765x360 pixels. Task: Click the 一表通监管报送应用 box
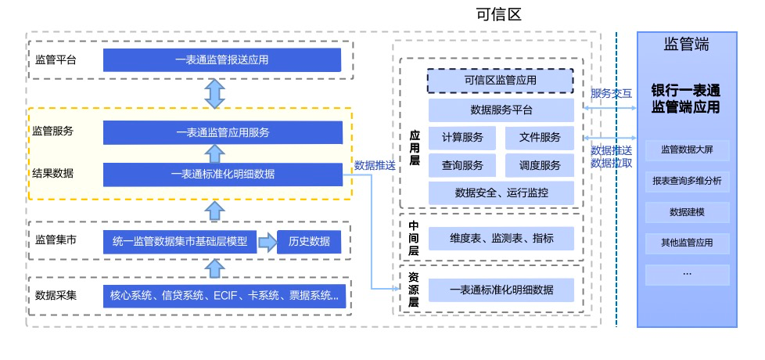pyautogui.click(x=222, y=59)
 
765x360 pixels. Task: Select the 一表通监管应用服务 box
pyautogui.click(x=222, y=132)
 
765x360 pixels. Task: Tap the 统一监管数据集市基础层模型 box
pyautogui.click(x=180, y=242)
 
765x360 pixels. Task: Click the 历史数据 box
pyautogui.click(x=309, y=242)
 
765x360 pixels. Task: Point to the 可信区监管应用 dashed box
pyautogui.click(x=500, y=80)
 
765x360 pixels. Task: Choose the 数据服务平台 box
pyautogui.click(x=501, y=110)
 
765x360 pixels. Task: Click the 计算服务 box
pyautogui.click(x=462, y=138)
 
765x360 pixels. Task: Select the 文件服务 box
pyautogui.click(x=540, y=138)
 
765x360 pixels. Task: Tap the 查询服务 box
pyautogui.click(x=462, y=165)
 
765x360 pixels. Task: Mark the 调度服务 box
pyautogui.click(x=540, y=165)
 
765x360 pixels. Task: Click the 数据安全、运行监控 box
pyautogui.click(x=501, y=193)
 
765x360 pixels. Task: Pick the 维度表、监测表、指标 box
pyautogui.click(x=501, y=238)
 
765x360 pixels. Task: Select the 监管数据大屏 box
pyautogui.click(x=687, y=149)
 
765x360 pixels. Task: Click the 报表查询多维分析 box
pyautogui.click(x=687, y=181)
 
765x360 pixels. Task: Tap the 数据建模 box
pyautogui.click(x=687, y=212)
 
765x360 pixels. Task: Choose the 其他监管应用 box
pyautogui.click(x=687, y=243)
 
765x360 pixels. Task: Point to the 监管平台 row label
pyautogui.click(x=56, y=59)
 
